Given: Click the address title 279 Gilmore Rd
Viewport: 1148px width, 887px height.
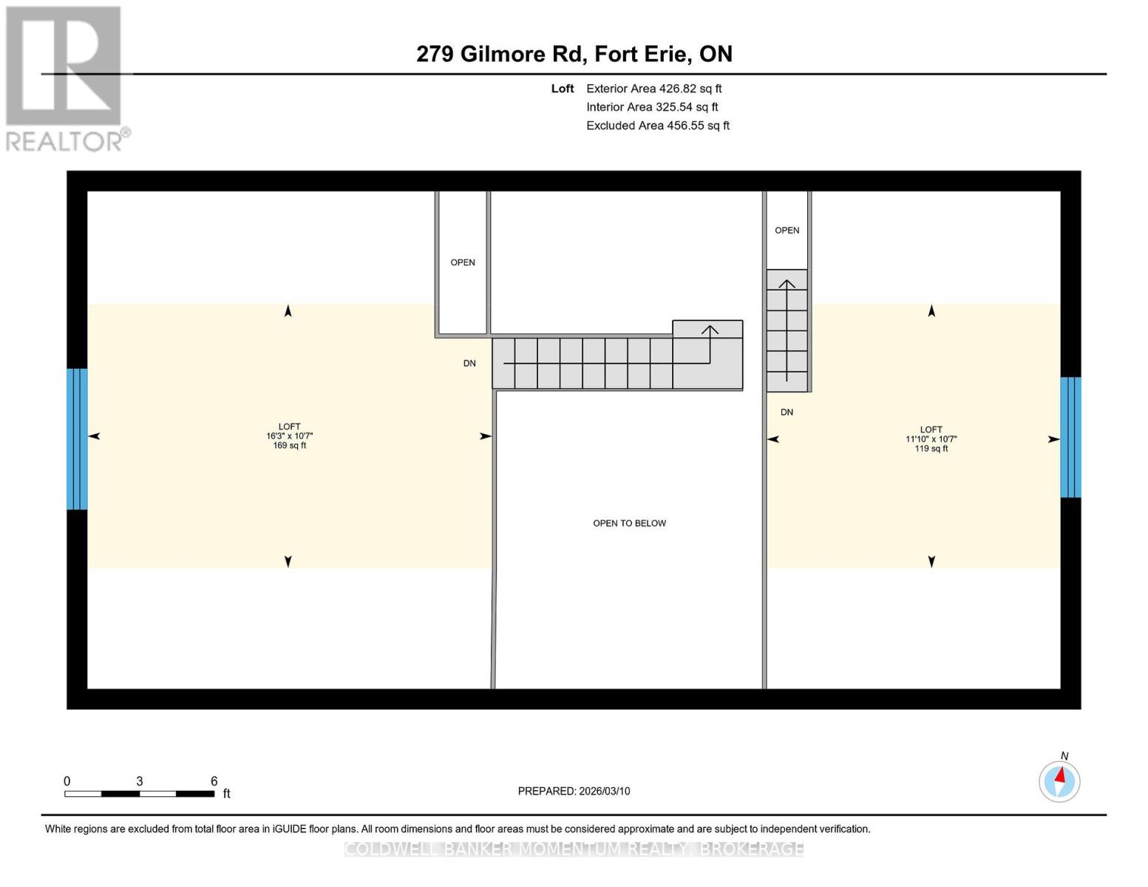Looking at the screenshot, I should point(574,54).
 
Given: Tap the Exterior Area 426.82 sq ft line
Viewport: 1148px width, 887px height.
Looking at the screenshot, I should point(653,89).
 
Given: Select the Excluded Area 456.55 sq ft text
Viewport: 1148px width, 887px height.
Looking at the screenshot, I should point(657,126).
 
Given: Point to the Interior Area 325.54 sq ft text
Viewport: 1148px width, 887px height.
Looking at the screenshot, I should point(652,107).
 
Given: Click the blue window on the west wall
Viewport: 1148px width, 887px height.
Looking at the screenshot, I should point(77,439).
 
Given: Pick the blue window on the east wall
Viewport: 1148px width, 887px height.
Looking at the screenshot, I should point(1070,438).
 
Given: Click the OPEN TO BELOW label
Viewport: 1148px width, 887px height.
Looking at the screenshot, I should point(629,523).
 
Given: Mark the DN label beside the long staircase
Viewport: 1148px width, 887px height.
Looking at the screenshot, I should point(469,364).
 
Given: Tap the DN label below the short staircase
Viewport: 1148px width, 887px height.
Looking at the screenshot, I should point(787,412).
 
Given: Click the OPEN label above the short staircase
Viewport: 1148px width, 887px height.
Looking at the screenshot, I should point(787,231).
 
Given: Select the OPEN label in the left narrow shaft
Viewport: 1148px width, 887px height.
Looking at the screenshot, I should point(463,262).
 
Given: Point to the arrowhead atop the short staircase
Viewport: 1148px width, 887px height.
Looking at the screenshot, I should point(787,284).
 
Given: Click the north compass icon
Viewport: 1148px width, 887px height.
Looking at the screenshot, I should point(1059,781).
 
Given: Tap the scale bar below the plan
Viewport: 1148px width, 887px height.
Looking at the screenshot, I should point(139,794).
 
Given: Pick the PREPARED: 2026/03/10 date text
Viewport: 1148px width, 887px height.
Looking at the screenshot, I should point(574,791).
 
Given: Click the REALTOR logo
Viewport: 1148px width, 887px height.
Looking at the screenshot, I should point(65,78).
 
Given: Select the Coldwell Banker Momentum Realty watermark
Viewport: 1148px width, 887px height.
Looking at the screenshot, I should point(574,849).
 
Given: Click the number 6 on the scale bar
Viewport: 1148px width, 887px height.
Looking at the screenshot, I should point(214,781).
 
